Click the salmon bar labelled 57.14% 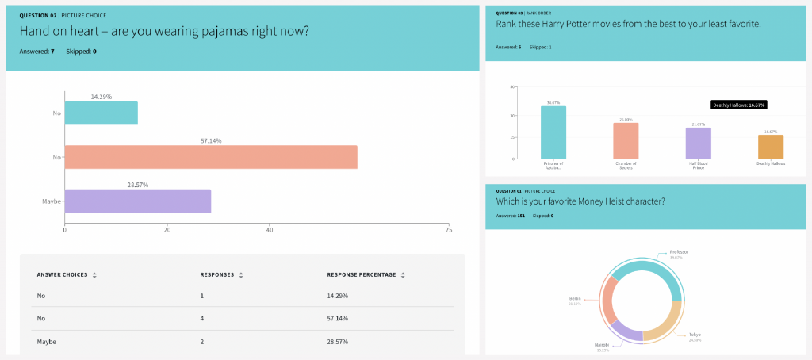tap(210, 157)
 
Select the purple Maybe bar tap(137, 201)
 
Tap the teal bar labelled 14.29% tap(101, 113)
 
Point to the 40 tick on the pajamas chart tap(270, 231)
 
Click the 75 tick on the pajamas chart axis tap(449, 231)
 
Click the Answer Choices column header tap(62, 275)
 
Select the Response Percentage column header tap(361, 275)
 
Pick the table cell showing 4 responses tap(203, 318)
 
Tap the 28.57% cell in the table tap(338, 341)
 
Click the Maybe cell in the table tap(47, 341)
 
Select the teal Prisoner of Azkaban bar tap(553, 132)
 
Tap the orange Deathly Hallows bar tap(771, 147)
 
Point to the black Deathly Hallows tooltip tap(739, 105)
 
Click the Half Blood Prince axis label tap(698, 167)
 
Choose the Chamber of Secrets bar tap(626, 140)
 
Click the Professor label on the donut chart tap(679, 252)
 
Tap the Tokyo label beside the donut tap(694, 334)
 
